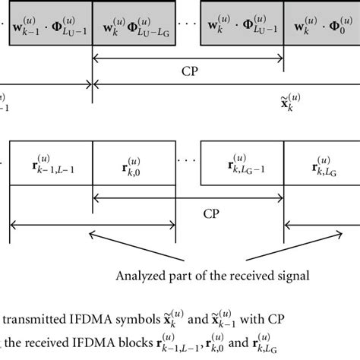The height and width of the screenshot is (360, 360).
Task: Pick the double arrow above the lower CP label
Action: tap(188, 200)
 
